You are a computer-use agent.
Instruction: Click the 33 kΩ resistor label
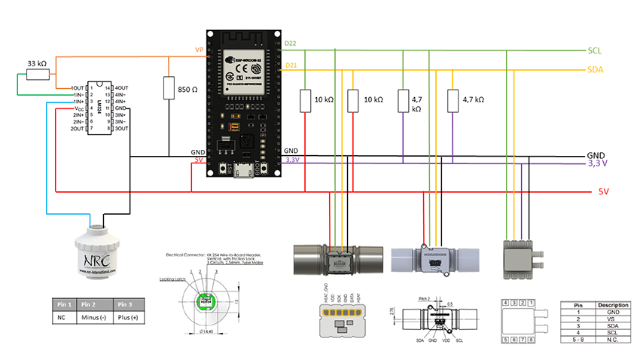[x=37, y=63]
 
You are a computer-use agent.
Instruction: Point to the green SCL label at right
[x=595, y=50]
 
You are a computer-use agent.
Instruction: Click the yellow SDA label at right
[x=596, y=70]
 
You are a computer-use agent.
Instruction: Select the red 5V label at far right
[x=603, y=191]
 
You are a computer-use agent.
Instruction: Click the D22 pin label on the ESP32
[x=290, y=44]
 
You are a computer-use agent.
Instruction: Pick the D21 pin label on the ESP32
[x=290, y=66]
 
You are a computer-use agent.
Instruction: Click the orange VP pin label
[x=199, y=51]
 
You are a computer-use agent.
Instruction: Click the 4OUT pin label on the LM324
[x=120, y=88]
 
